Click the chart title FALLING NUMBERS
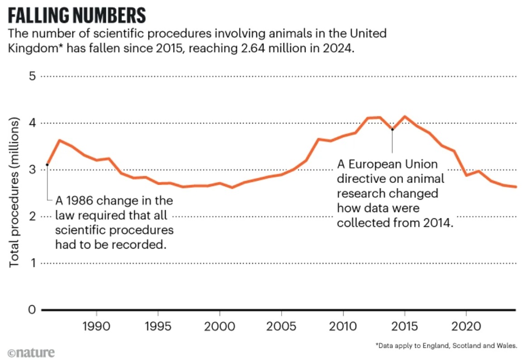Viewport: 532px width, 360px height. tap(77, 16)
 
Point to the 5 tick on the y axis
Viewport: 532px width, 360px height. tap(32, 76)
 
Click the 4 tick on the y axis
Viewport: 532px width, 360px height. tap(32, 123)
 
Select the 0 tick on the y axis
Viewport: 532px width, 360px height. tap(32, 310)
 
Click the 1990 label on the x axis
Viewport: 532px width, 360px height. tap(96, 327)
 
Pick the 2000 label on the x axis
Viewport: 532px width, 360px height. tap(220, 327)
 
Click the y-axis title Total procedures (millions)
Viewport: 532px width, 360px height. tap(14, 192)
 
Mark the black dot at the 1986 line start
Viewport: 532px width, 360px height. tap(48, 164)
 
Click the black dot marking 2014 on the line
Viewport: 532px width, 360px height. tap(393, 130)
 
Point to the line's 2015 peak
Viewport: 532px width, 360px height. tap(405, 117)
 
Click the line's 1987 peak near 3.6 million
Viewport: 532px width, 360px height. tap(60, 140)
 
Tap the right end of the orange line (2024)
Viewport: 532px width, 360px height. tap(516, 187)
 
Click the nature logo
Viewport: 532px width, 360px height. tap(31, 352)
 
